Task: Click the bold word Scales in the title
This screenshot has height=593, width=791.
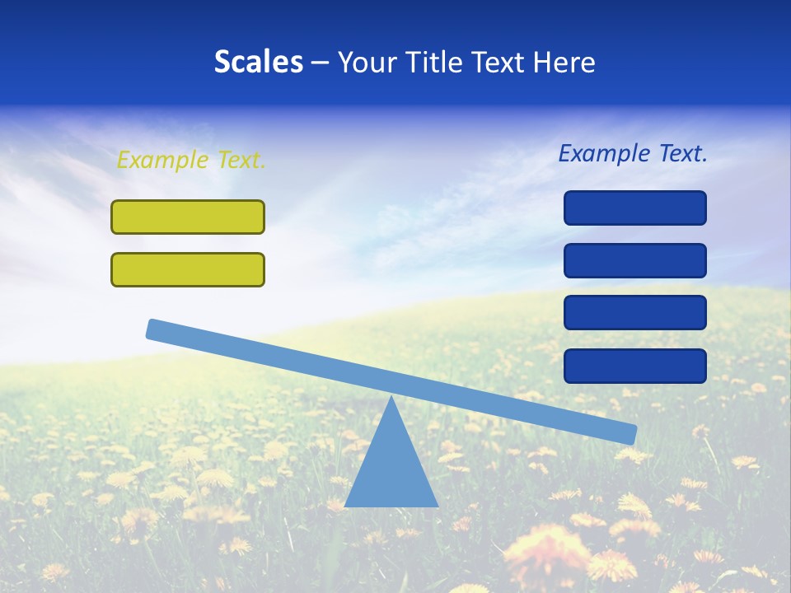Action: point(258,63)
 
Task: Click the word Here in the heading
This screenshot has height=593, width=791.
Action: point(564,63)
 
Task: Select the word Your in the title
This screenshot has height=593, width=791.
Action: point(366,63)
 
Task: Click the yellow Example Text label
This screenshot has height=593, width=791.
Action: point(191,160)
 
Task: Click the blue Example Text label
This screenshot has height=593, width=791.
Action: point(633,153)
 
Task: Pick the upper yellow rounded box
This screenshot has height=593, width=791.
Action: point(188,217)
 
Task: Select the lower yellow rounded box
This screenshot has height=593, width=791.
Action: point(188,269)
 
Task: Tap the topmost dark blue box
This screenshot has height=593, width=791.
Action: point(635,208)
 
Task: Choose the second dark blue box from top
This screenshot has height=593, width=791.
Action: point(635,260)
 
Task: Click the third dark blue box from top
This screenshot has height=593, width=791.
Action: point(635,313)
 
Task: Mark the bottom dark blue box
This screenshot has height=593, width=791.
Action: point(635,366)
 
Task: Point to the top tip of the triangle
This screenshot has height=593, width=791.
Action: point(392,399)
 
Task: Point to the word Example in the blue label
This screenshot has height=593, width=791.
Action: point(604,153)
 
